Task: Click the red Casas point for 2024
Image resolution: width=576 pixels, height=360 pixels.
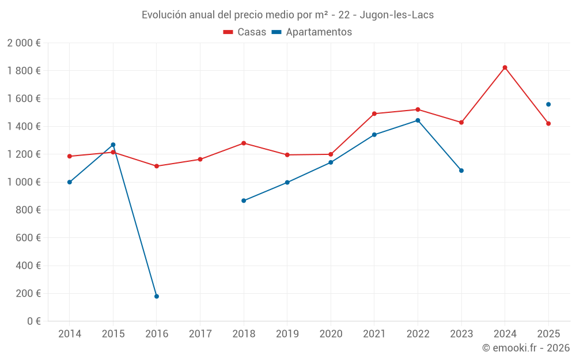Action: click(x=505, y=67)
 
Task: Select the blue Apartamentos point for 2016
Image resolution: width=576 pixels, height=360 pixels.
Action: click(x=157, y=296)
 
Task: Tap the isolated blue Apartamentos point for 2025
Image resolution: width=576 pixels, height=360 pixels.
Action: click(x=548, y=104)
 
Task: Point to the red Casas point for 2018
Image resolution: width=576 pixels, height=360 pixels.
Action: click(x=244, y=143)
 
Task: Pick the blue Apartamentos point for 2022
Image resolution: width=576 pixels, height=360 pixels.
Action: click(x=418, y=120)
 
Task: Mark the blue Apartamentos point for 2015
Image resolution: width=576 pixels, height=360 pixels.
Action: click(x=113, y=145)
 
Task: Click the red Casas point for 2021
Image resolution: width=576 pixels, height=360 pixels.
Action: click(x=374, y=113)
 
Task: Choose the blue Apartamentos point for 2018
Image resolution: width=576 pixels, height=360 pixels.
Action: click(x=244, y=200)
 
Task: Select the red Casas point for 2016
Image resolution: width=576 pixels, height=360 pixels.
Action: click(x=157, y=166)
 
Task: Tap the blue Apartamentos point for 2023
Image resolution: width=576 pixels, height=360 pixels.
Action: click(x=461, y=170)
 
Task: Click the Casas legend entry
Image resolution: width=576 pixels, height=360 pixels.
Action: click(x=245, y=32)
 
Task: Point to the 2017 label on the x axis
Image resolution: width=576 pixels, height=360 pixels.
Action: click(x=200, y=334)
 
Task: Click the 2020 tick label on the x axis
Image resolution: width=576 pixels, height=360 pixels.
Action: click(x=331, y=334)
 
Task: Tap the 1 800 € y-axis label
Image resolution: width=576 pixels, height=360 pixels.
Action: click(x=24, y=71)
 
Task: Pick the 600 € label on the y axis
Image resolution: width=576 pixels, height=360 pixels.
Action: click(x=27, y=238)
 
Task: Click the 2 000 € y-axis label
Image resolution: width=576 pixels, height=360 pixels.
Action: click(x=24, y=43)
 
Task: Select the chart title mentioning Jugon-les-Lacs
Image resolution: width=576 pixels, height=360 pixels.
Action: click(x=287, y=15)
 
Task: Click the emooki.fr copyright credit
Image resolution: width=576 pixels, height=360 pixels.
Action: click(x=525, y=348)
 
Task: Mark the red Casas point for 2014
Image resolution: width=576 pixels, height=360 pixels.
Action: click(x=70, y=156)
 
